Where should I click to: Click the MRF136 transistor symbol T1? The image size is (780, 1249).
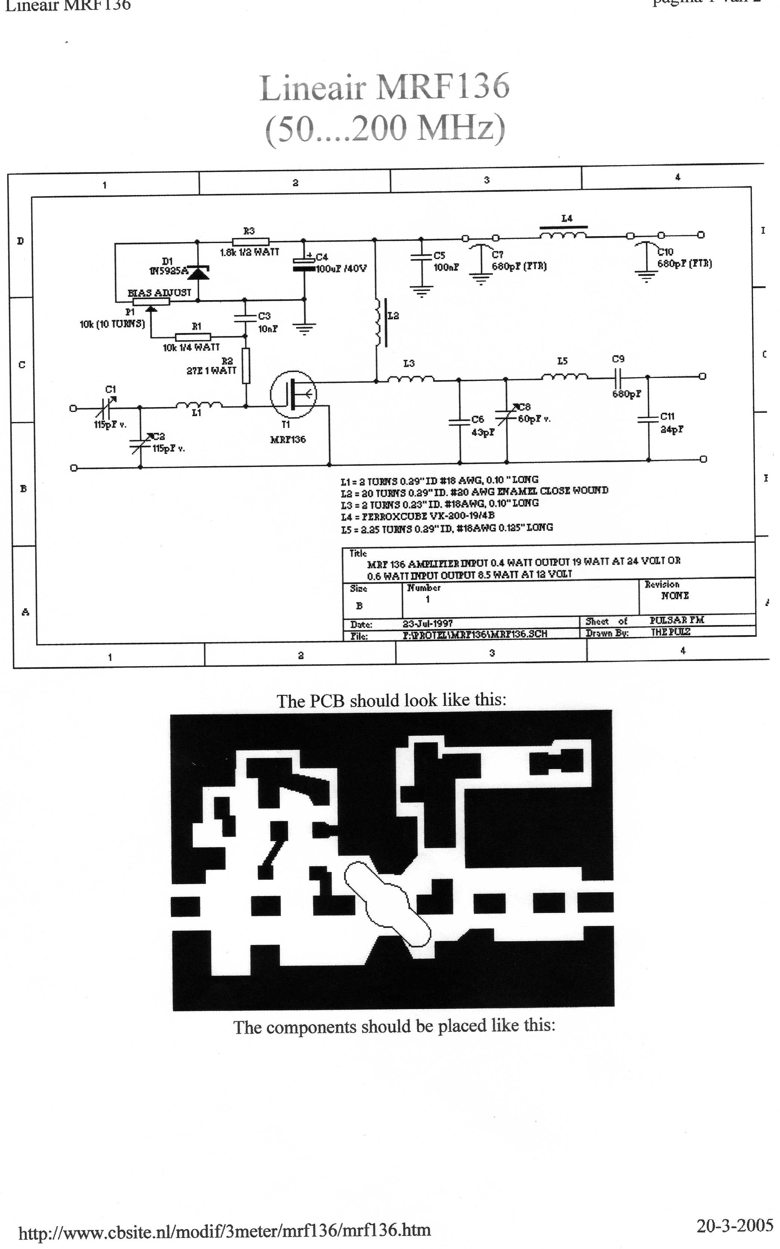[x=293, y=394]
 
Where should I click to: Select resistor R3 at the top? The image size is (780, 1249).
[x=250, y=241]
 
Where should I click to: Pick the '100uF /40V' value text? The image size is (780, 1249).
[x=341, y=269]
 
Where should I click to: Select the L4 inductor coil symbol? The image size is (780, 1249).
[x=563, y=236]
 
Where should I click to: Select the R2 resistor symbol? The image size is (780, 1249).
[x=246, y=365]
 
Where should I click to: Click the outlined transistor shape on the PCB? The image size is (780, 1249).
[x=387, y=903]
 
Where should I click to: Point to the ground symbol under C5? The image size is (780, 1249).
[x=421, y=293]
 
